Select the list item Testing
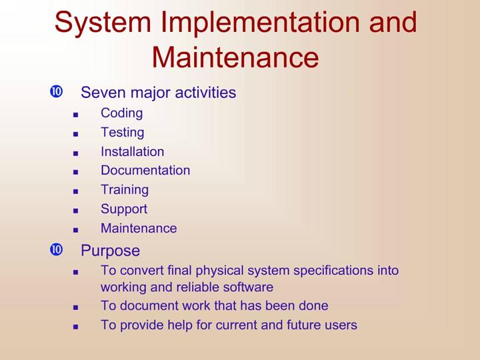click(123, 133)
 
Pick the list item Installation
click(133, 151)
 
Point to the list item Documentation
click(145, 170)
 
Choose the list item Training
click(125, 190)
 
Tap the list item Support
click(124, 209)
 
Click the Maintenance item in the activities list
click(139, 228)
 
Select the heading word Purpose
click(111, 251)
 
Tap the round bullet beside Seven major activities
click(56, 91)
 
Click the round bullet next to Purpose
click(56, 249)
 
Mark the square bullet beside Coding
click(75, 115)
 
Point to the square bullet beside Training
click(75, 191)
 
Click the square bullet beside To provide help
click(75, 327)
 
